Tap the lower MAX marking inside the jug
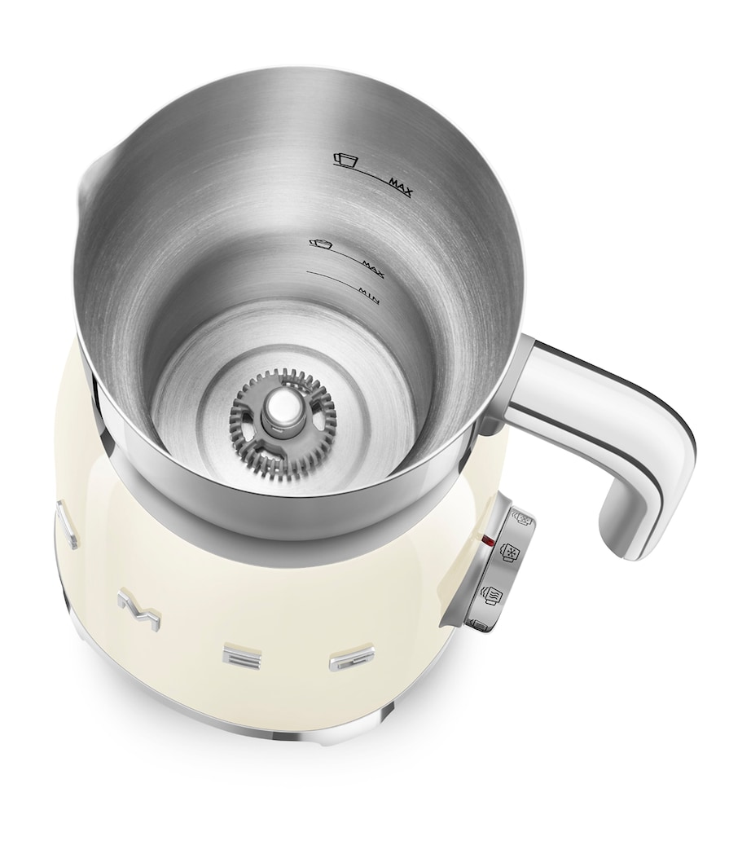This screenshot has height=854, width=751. pyautogui.click(x=370, y=262)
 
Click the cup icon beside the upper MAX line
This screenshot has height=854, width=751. pyautogui.click(x=345, y=159)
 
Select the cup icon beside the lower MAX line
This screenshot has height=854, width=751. pyautogui.click(x=321, y=242)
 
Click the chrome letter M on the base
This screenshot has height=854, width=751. pyautogui.click(x=134, y=605)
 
